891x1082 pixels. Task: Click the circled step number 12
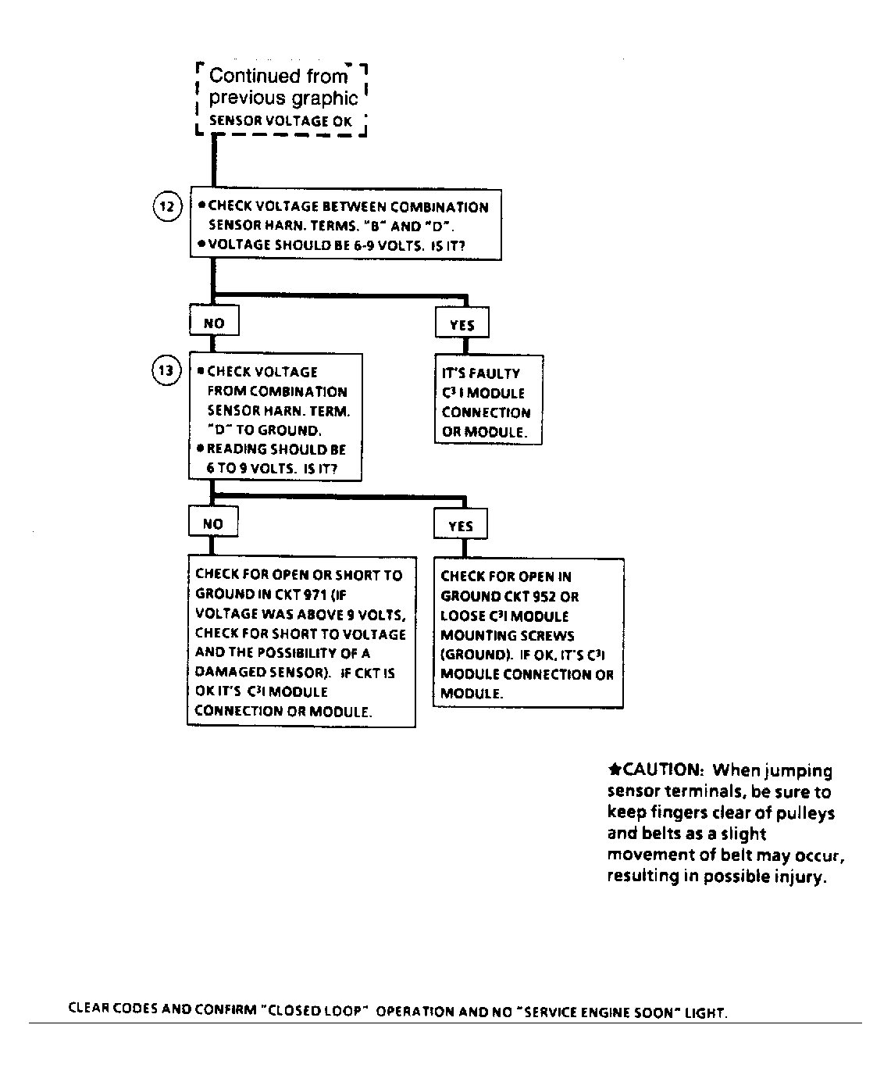pos(166,208)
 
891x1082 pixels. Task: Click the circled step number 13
pos(166,370)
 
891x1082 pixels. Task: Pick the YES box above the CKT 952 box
pos(460,526)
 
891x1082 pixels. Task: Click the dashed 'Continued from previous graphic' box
pos(282,98)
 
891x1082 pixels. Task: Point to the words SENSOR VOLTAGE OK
pos(280,121)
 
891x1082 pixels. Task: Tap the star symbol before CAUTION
pos(614,770)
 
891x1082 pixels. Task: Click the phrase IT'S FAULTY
pos(480,373)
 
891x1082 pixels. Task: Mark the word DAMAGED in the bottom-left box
pos(225,673)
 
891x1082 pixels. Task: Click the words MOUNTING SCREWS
pos(507,635)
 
